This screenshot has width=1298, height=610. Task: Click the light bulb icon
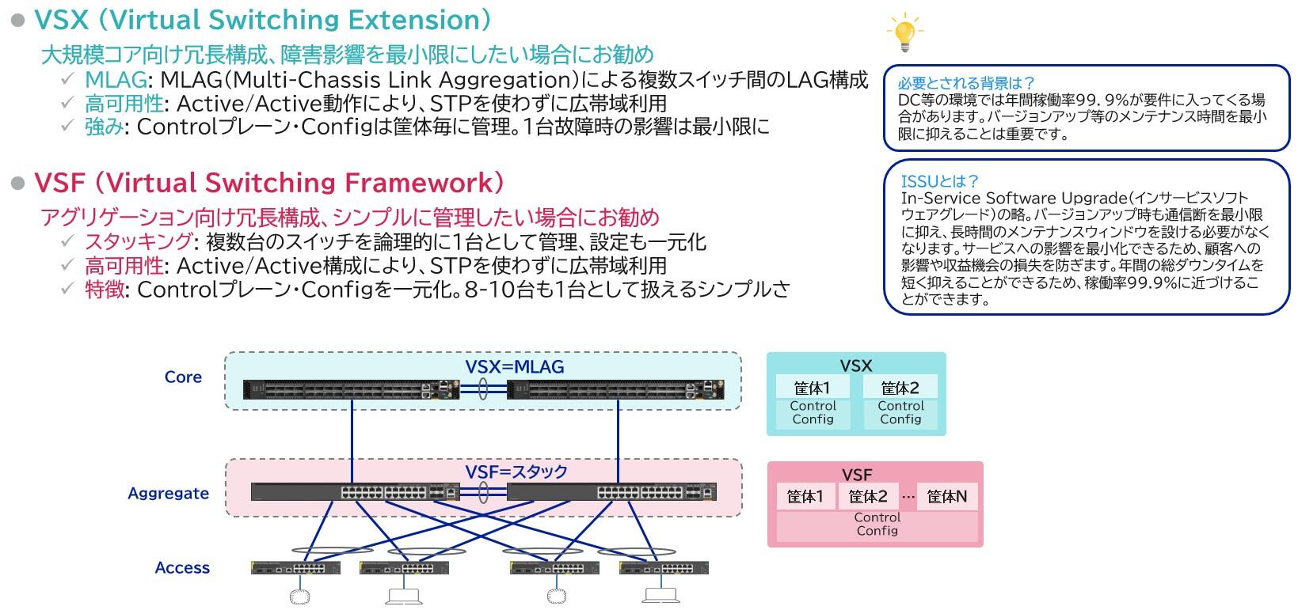[x=904, y=32]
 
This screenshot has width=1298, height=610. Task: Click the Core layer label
[x=183, y=377]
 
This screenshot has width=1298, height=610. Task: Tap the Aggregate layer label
[x=169, y=494]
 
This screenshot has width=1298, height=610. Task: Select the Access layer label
[x=182, y=568]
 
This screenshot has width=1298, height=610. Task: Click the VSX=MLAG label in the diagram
[x=514, y=366]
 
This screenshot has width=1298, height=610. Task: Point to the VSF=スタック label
[x=516, y=472]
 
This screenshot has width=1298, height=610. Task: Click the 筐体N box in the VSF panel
[x=946, y=497]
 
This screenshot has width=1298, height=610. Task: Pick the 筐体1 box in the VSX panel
[x=812, y=388]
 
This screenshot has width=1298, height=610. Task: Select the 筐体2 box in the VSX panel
[x=900, y=388]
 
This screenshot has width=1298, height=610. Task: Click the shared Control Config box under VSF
[x=877, y=525]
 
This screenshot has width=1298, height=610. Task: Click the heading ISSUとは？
[x=940, y=181]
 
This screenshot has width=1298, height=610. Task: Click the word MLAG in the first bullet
[x=116, y=81]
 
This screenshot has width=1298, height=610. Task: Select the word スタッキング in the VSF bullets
[x=138, y=242]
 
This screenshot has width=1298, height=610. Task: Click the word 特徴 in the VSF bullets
[x=105, y=290]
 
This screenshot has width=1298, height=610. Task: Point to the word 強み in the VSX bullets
[x=105, y=127]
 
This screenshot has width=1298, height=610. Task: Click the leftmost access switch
[x=295, y=568]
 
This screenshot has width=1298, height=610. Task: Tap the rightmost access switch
[x=664, y=568]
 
